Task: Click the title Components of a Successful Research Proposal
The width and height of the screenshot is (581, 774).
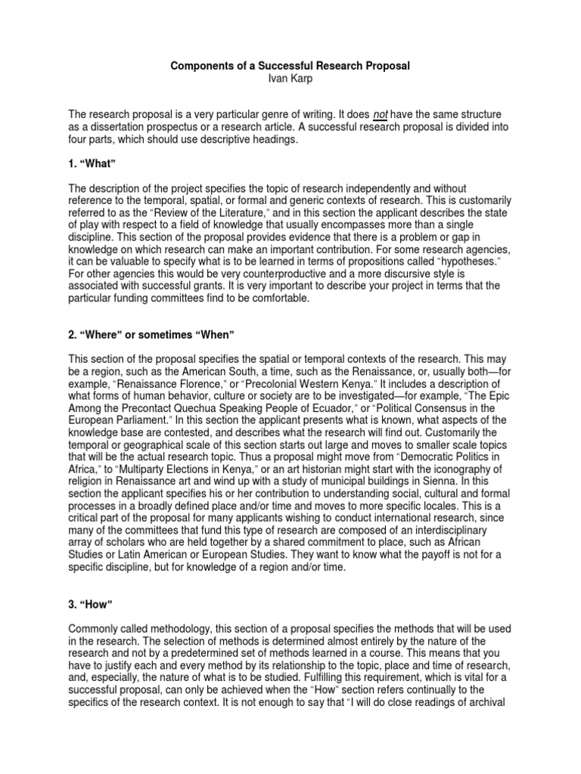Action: point(290,66)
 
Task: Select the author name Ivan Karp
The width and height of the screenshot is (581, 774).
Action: point(290,79)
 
